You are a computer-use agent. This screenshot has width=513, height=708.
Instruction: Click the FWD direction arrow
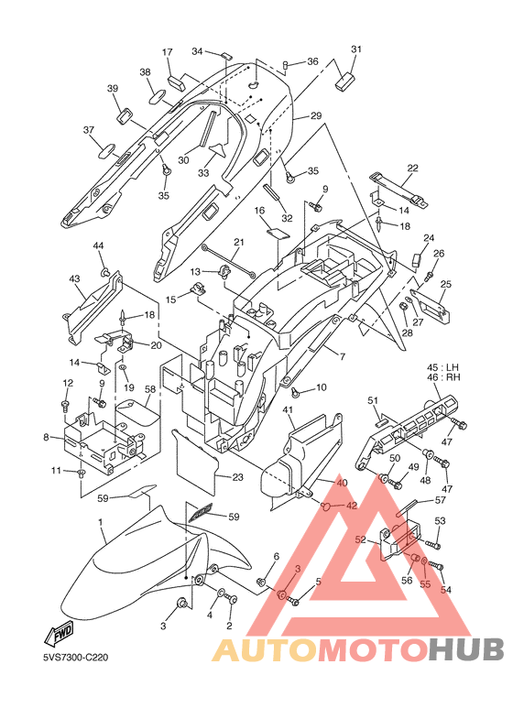pyautogui.click(x=59, y=633)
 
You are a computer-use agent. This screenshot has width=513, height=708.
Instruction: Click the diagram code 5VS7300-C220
pyautogui.click(x=76, y=658)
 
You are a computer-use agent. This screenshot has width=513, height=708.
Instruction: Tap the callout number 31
pyautogui.click(x=356, y=49)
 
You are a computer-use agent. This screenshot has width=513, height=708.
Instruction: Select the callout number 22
pyautogui.click(x=412, y=168)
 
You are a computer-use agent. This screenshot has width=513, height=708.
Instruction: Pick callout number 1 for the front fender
pyautogui.click(x=100, y=522)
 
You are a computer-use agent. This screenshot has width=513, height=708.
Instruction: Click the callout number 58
pyautogui.click(x=150, y=388)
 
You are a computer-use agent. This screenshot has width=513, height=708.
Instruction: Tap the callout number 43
pyautogui.click(x=74, y=279)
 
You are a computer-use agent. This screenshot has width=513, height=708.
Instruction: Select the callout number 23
pyautogui.click(x=237, y=477)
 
